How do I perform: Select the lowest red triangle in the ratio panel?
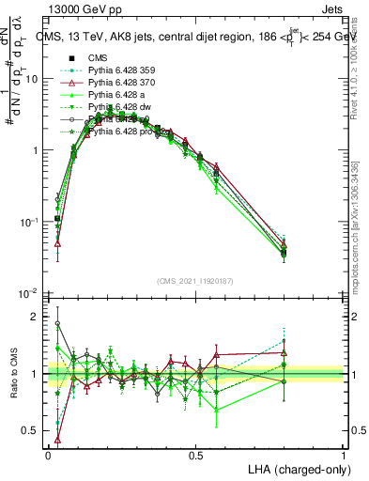pos(57,439)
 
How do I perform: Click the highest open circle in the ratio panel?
pos(57,323)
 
